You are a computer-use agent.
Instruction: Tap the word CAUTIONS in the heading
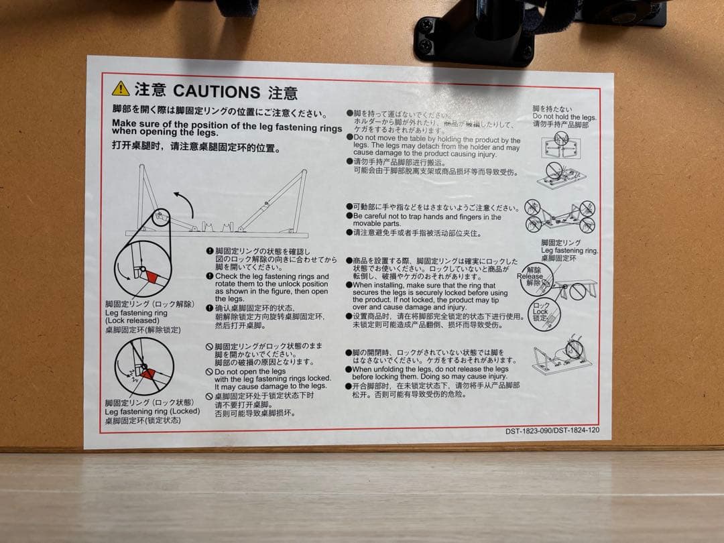(216, 91)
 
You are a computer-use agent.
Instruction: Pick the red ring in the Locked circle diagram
(148, 373)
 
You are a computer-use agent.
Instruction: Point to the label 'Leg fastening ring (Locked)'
(152, 411)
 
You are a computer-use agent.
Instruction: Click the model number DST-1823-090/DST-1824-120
(552, 430)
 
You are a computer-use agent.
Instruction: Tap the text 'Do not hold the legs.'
(564, 117)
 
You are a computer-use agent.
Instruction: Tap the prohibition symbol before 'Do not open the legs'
(209, 371)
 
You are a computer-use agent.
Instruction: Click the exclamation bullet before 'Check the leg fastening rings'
(210, 276)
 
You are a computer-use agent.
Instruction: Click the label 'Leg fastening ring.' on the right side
(569, 250)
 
